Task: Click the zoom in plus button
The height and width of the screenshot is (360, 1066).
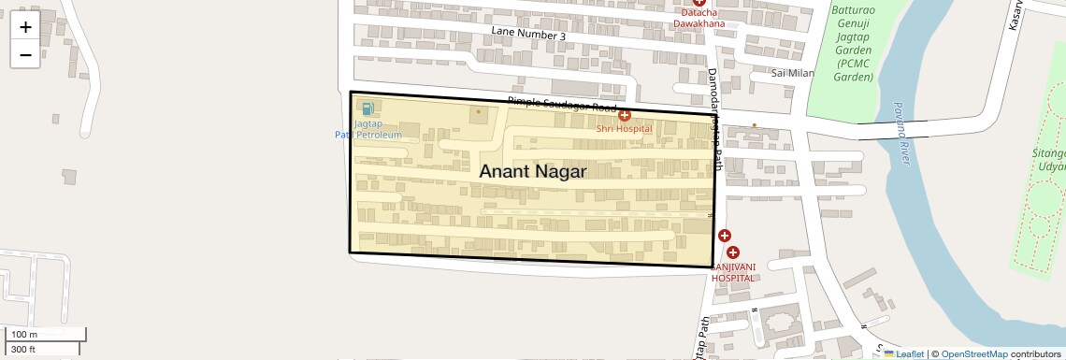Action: click(x=25, y=27)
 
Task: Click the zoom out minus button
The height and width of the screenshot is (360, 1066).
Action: click(x=25, y=54)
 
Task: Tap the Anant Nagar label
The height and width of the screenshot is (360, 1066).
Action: click(x=533, y=171)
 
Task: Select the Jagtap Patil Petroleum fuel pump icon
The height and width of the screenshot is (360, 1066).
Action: click(x=367, y=110)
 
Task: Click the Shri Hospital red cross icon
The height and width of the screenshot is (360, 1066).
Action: click(x=624, y=115)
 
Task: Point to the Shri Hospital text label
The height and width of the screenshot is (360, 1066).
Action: click(x=624, y=128)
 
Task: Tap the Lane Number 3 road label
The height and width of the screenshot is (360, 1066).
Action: click(x=528, y=36)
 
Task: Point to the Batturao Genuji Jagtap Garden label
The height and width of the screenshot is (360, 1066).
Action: click(x=852, y=43)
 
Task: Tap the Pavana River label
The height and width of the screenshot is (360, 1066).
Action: click(x=900, y=134)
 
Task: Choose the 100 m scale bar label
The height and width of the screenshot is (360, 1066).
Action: click(x=24, y=335)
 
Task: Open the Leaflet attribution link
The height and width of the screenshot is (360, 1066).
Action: click(x=904, y=354)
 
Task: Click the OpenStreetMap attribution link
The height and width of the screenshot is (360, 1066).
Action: click(x=974, y=354)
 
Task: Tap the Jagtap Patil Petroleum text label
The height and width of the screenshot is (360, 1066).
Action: click(x=367, y=129)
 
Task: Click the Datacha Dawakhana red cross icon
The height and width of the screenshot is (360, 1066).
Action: click(x=699, y=3)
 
